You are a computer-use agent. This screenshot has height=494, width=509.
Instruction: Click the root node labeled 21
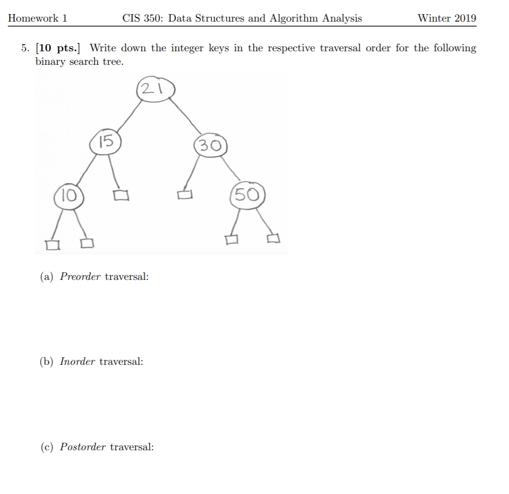(x=154, y=90)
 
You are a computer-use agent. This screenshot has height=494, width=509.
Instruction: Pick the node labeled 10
(x=68, y=195)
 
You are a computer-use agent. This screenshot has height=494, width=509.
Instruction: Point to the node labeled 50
(x=246, y=195)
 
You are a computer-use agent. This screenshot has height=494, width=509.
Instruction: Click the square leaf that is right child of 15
(x=121, y=195)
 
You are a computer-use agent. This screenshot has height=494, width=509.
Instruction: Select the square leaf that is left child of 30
(x=185, y=194)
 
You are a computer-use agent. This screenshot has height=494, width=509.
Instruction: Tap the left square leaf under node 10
(x=51, y=245)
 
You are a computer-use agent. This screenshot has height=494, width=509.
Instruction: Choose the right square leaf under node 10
(x=87, y=244)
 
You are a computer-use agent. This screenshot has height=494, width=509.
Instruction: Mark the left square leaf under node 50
(x=231, y=240)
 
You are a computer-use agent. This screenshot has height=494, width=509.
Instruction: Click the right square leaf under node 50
(x=273, y=239)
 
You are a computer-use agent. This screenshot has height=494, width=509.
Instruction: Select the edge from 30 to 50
(x=230, y=169)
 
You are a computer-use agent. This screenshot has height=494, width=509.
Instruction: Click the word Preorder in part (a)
(x=80, y=276)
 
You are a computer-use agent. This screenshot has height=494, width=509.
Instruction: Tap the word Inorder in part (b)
(x=77, y=361)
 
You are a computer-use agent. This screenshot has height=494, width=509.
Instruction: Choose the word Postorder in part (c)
(x=83, y=447)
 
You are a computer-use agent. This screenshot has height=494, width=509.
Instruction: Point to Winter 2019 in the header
(x=446, y=19)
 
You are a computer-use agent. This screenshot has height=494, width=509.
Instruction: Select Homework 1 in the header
(x=38, y=19)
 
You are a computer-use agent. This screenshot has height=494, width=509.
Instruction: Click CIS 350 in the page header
(x=143, y=19)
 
